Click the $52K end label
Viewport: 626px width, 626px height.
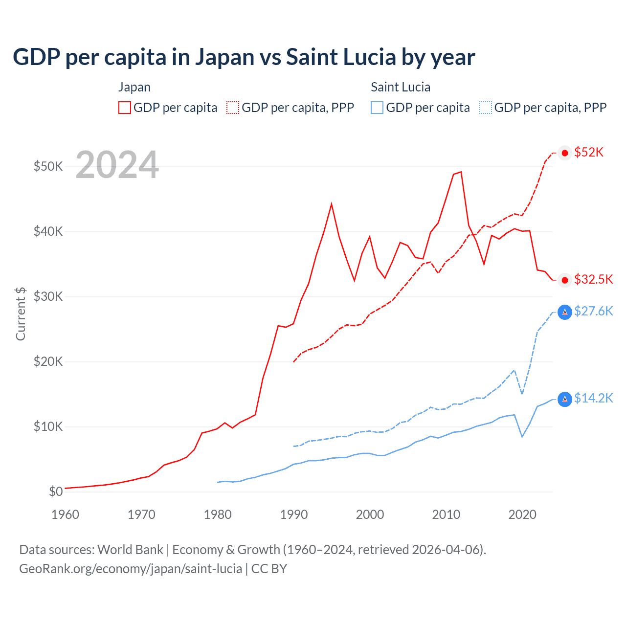click(589, 153)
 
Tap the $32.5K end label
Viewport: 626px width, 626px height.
click(593, 279)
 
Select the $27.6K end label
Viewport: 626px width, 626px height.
click(593, 311)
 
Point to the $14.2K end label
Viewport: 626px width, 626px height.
click(593, 398)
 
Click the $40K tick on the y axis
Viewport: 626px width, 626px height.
click(48, 231)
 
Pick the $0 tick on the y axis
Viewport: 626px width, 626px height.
click(56, 492)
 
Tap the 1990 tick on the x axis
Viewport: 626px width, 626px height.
click(294, 514)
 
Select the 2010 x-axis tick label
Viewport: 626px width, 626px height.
click(446, 514)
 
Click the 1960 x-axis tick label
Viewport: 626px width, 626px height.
click(65, 514)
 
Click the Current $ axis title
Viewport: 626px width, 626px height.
click(21, 313)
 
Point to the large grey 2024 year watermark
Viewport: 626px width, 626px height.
click(117, 165)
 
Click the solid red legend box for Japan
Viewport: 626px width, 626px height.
click(125, 108)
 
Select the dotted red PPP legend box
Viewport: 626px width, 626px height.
click(233, 108)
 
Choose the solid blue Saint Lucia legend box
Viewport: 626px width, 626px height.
click(377, 108)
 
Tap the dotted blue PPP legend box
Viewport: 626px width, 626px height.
click(486, 108)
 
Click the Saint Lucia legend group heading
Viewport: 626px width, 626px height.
click(401, 87)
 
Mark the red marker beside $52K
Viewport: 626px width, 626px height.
click(565, 153)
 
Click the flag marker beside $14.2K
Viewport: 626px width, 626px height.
click(565, 399)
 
